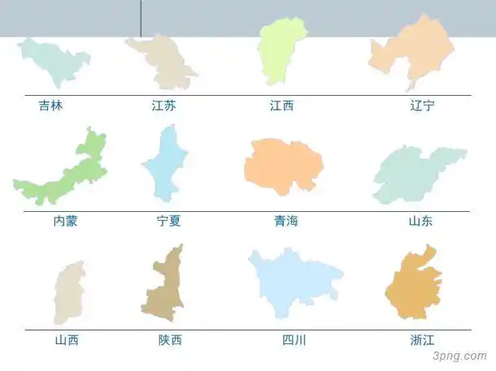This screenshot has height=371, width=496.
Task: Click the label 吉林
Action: [50, 105]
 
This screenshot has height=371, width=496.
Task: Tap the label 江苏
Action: [163, 105]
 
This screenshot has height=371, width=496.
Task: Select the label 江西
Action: [281, 105]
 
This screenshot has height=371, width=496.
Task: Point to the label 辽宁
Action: [422, 105]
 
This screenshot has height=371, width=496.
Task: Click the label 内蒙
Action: [65, 221]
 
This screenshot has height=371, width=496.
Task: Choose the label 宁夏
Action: [169, 221]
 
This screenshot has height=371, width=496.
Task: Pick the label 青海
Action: [286, 221]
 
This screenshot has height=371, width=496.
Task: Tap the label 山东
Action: [421, 221]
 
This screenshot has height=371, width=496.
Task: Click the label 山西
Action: [67, 340]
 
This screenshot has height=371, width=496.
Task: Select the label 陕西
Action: [170, 340]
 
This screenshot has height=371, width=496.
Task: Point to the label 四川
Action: [294, 340]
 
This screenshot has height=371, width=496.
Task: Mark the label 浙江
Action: [423, 340]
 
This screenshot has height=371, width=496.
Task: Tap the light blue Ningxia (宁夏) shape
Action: [166, 166]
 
